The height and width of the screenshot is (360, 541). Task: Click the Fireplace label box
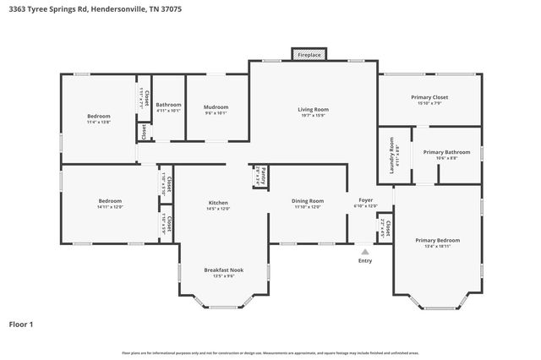(309, 54)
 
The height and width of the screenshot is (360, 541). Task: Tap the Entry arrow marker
(364, 251)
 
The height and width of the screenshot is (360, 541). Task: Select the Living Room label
(312, 110)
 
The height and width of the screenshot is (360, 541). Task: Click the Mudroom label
(216, 107)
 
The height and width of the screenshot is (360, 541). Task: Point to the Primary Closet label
(429, 97)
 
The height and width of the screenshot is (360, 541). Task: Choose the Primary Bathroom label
(446, 152)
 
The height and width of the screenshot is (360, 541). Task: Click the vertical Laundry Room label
(391, 155)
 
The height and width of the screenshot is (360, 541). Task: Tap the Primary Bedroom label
(437, 240)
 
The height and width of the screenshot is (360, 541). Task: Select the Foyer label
(364, 200)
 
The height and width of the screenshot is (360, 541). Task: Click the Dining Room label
(308, 201)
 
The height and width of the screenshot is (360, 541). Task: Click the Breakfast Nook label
(223, 270)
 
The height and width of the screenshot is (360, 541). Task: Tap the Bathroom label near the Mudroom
(168, 105)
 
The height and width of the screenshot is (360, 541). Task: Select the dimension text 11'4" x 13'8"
(99, 122)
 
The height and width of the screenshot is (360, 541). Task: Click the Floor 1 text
(22, 324)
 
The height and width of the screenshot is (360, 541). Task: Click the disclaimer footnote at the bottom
(270, 352)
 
